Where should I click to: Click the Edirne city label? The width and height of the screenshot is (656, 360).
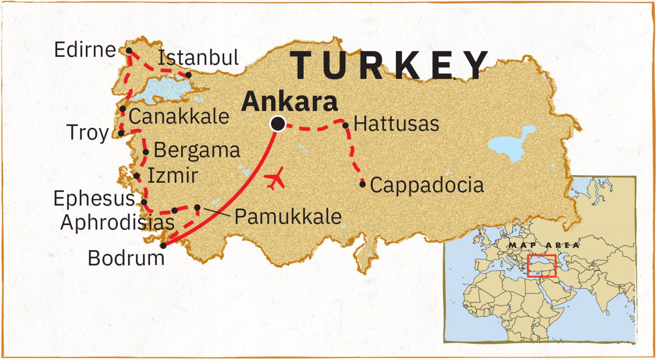85,50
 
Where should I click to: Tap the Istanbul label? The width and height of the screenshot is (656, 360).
198,58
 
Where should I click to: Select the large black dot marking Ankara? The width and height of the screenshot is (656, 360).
278,124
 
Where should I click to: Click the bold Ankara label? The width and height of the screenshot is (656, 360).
290,102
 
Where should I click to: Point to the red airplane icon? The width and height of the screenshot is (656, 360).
274,179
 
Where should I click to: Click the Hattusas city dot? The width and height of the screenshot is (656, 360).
346,126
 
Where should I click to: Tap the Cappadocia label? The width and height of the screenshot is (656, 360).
427,185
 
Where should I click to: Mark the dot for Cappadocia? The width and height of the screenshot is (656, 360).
363,184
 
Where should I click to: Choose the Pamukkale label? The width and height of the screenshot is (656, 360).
288,217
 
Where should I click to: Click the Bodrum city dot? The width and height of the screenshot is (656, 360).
163,246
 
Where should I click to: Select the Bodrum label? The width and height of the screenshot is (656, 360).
126,258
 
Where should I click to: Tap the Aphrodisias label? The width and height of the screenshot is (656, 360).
117,222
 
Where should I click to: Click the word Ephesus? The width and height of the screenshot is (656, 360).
94,199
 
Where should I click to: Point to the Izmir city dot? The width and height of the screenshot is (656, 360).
137,176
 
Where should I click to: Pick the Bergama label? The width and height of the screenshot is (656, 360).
197,150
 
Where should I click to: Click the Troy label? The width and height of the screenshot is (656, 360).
88,133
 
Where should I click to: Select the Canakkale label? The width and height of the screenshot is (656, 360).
179,116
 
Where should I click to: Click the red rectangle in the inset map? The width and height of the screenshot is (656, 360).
542,266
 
